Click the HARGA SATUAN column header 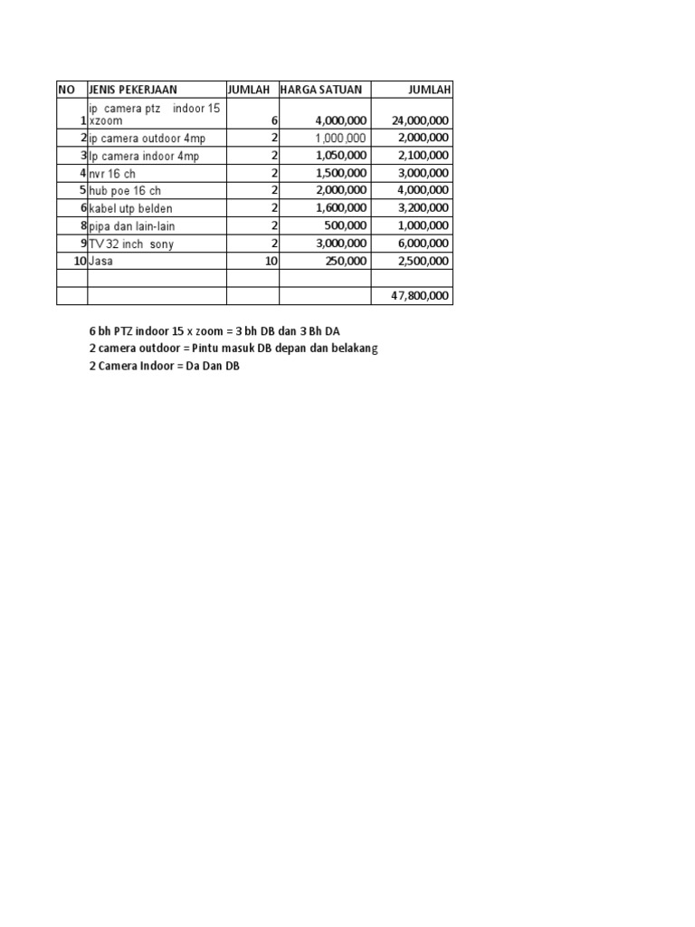[x=321, y=90]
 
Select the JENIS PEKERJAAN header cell [x=133, y=90]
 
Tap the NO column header [x=66, y=90]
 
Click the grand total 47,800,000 [x=420, y=296]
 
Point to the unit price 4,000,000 [x=341, y=120]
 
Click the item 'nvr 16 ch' [x=112, y=174]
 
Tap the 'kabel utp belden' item [x=130, y=208]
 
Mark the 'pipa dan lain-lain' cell [x=131, y=226]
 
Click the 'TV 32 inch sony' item [x=132, y=244]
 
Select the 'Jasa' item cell [x=100, y=261]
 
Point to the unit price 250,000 [x=345, y=261]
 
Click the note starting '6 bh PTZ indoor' [x=214, y=331]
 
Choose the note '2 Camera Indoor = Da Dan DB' [x=164, y=367]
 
